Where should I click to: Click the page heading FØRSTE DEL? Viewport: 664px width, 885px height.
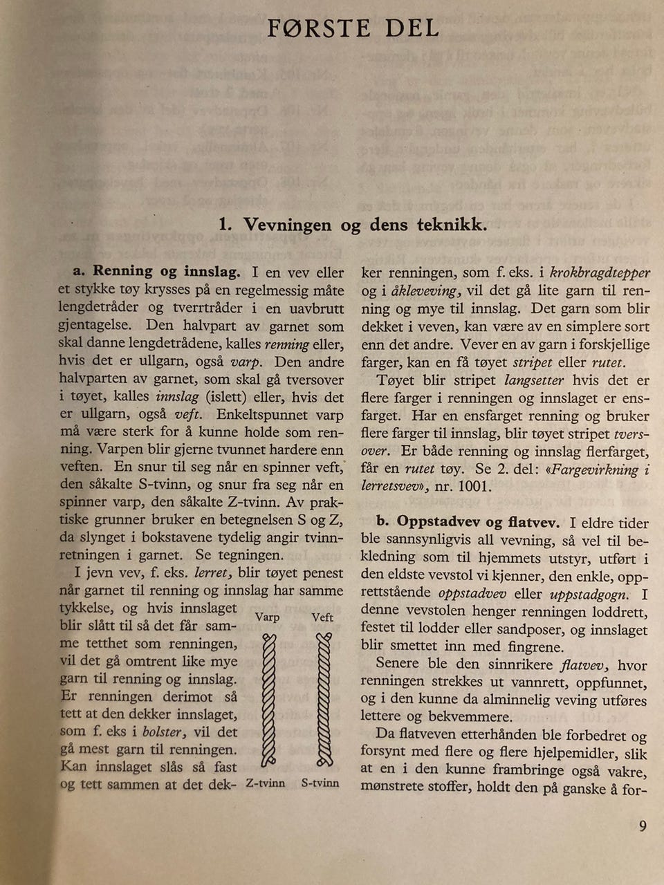[x=353, y=28]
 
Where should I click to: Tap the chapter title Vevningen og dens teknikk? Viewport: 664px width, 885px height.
[x=353, y=225]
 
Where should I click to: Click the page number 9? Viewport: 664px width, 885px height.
[x=643, y=826]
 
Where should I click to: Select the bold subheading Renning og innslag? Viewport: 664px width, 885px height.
[x=166, y=272]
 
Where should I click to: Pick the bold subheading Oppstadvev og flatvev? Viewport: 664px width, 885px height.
[x=478, y=523]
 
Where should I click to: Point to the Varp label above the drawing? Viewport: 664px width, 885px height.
[x=267, y=617]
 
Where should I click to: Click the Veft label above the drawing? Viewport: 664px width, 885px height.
[x=322, y=617]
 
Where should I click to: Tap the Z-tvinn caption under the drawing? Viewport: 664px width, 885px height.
[x=266, y=783]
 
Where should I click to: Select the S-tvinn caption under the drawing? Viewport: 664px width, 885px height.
[x=320, y=783]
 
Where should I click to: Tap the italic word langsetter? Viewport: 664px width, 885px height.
[x=534, y=380]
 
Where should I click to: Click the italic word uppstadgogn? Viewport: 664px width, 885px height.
[x=589, y=595]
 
